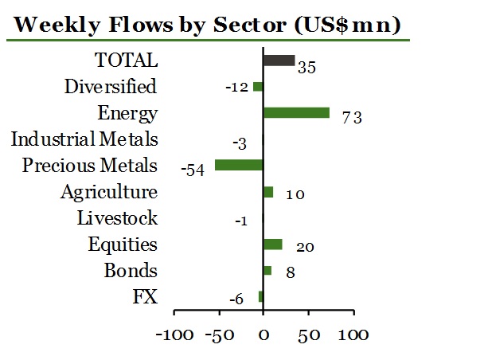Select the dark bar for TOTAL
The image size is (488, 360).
point(279,61)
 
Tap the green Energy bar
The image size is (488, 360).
point(295,112)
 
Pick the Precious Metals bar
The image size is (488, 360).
point(239,165)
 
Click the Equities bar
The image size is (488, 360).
point(272,244)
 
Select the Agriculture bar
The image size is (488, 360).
point(268,192)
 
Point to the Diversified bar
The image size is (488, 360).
point(258,86)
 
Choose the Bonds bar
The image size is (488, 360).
point(267,270)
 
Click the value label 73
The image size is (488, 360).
point(353,118)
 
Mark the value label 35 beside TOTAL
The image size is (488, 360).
point(307,67)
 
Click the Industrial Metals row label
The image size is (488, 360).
point(84,139)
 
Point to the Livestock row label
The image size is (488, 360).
point(117,218)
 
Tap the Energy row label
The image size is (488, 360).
point(127,113)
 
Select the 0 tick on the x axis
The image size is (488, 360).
point(264,334)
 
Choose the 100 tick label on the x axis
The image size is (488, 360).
point(352,334)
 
